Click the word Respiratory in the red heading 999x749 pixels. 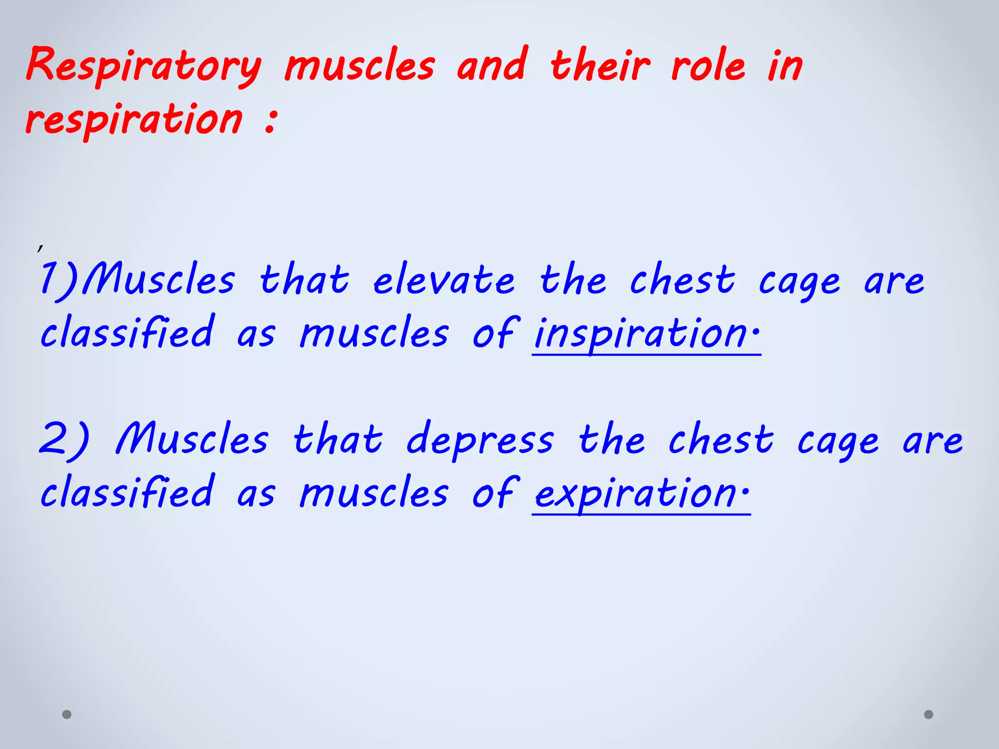coord(144,66)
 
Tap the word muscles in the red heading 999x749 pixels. coord(360,66)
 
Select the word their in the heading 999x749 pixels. coord(600,66)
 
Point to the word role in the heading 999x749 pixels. coord(708,66)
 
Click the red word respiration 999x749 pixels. coord(134,119)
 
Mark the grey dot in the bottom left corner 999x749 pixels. coord(67,714)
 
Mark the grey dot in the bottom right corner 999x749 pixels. coord(929,714)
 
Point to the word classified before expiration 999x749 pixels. coord(127,492)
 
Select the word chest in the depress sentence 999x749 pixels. coord(721,439)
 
